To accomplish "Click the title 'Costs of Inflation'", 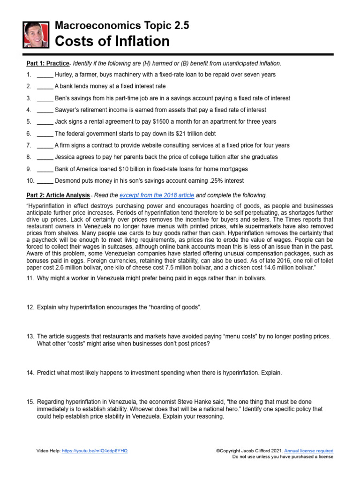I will click(x=112, y=42).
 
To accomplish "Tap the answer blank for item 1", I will click(x=45, y=75).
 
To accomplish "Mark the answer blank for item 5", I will click(x=45, y=122).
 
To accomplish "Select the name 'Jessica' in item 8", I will click(x=66, y=157).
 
